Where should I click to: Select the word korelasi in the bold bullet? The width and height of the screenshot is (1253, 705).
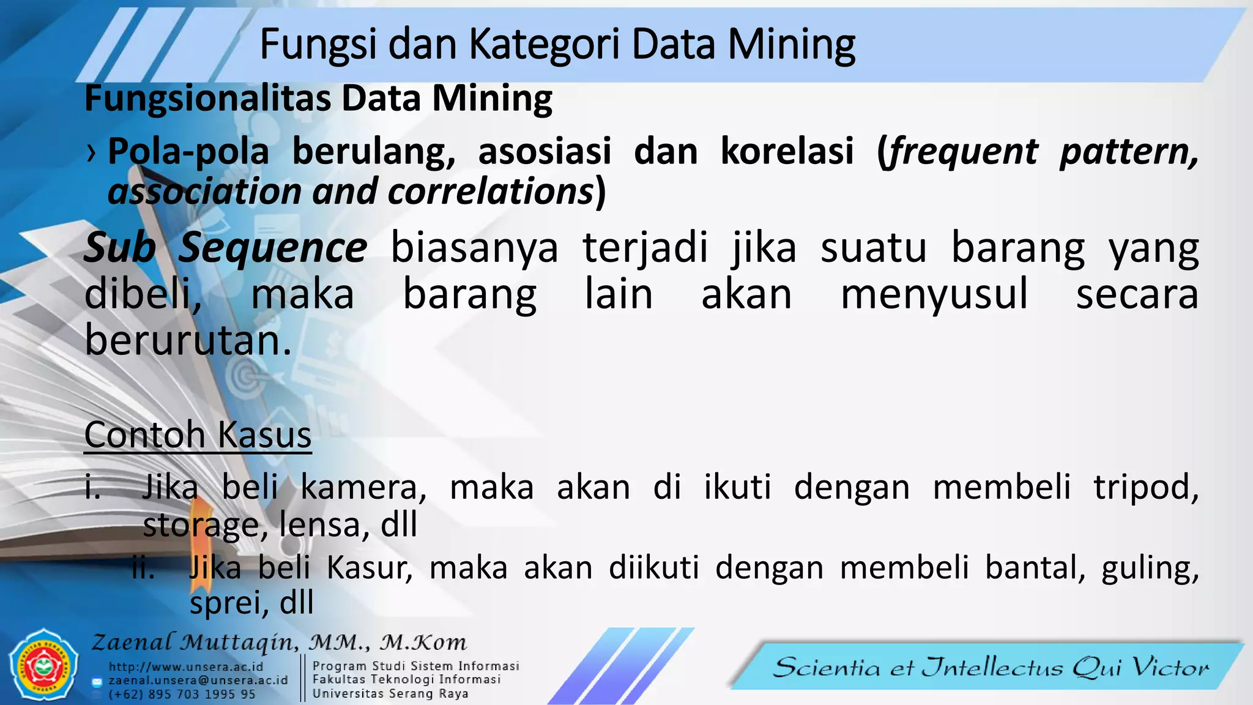[787, 151]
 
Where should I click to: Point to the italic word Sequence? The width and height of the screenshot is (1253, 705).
[273, 248]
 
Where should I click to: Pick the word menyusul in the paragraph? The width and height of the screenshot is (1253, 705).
[934, 294]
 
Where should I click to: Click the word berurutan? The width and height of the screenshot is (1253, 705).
[187, 340]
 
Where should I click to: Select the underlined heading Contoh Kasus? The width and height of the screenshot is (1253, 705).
[198, 435]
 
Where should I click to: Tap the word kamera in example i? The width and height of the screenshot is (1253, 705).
[363, 488]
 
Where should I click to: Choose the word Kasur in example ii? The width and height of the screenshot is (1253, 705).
[369, 567]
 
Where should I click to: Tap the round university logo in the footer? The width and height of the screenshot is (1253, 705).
[43, 665]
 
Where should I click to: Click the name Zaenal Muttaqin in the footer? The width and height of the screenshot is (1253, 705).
[195, 643]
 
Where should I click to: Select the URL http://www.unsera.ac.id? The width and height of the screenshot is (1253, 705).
[186, 666]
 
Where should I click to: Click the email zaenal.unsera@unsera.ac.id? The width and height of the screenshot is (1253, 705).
[198, 681]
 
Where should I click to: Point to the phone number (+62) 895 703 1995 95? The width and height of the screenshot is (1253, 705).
[182, 695]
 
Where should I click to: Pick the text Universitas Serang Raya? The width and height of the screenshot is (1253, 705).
[390, 694]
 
